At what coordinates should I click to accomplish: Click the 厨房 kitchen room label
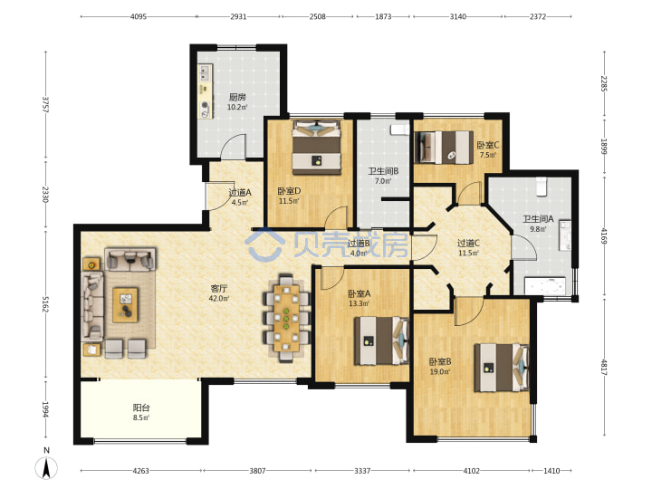click(x=237, y=97)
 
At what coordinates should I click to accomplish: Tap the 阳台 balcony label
click(x=141, y=407)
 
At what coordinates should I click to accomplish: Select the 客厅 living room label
click(x=219, y=288)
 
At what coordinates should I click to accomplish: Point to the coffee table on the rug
click(x=126, y=305)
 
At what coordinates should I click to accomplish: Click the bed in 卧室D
click(x=317, y=148)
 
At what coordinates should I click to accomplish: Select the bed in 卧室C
click(x=444, y=148)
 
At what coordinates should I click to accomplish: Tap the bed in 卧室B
click(x=502, y=368)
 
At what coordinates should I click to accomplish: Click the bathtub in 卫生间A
click(x=545, y=286)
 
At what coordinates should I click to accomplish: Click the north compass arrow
click(x=46, y=468)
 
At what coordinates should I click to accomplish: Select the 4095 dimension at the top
click(x=139, y=16)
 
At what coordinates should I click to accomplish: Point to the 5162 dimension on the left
click(x=46, y=304)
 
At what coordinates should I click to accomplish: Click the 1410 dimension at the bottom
click(x=551, y=471)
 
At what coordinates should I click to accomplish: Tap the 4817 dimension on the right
click(x=604, y=367)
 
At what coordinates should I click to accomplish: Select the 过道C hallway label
click(x=468, y=243)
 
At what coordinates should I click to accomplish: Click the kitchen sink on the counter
click(x=204, y=73)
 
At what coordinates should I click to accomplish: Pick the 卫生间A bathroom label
click(x=538, y=219)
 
